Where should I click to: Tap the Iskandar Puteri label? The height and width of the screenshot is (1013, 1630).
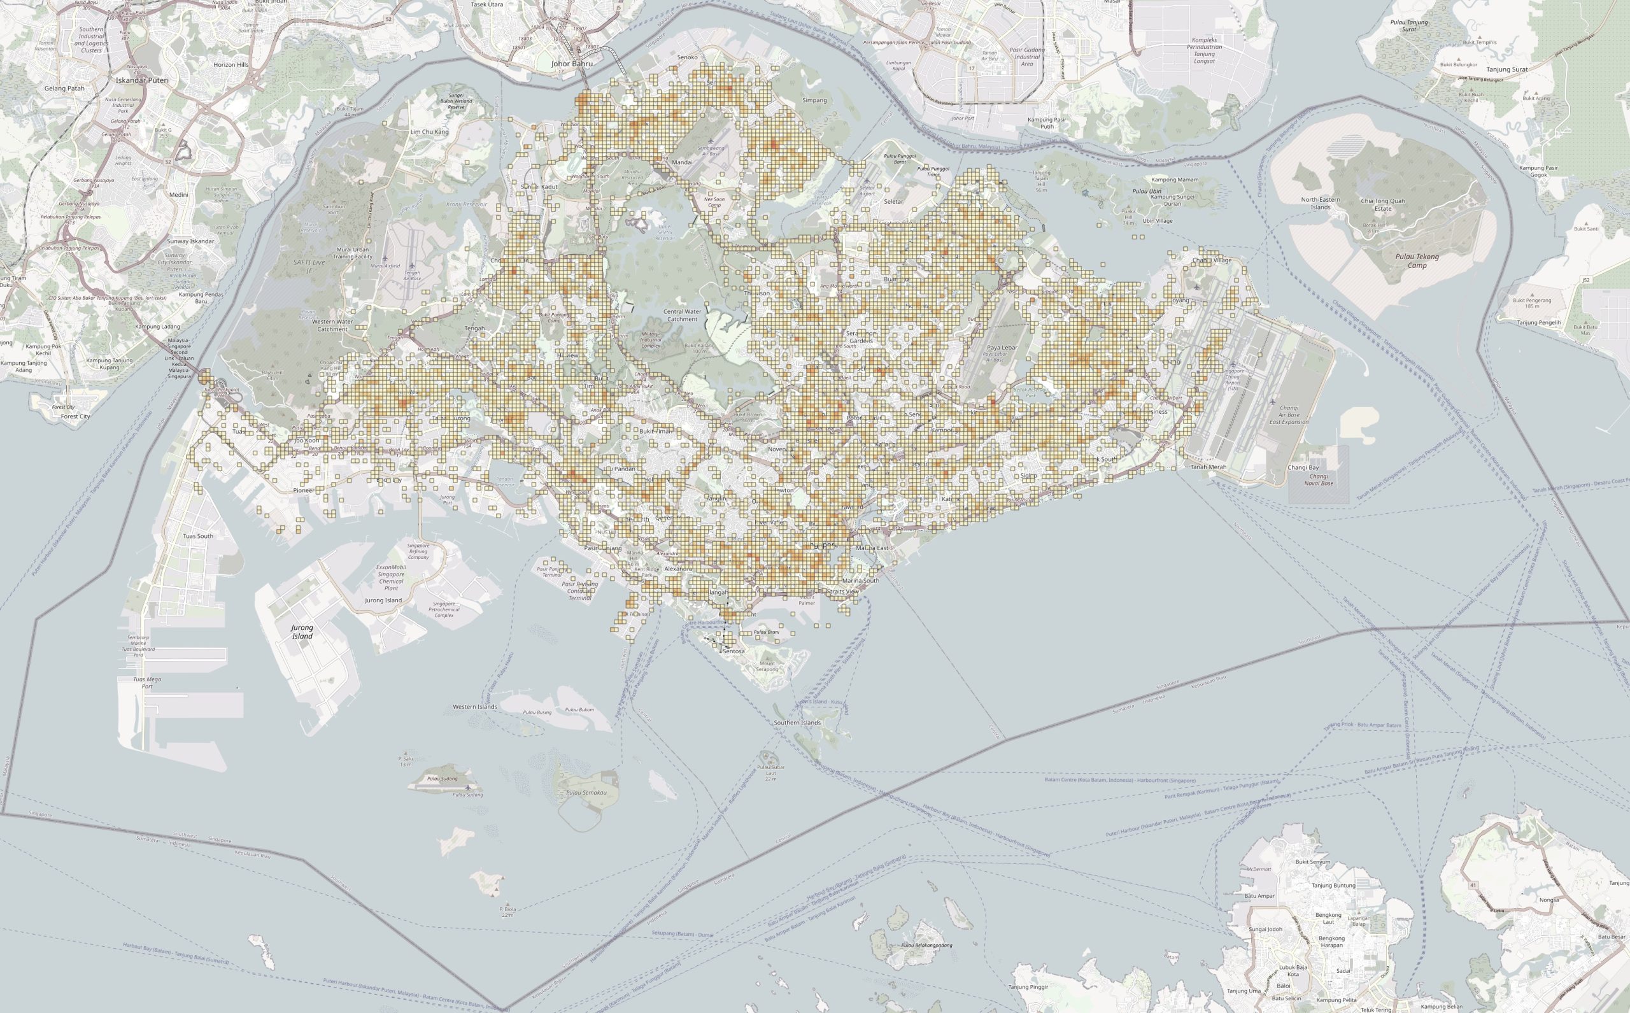(142, 80)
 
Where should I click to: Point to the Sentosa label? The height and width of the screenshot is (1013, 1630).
(733, 651)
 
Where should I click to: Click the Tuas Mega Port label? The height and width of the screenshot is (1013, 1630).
(147, 683)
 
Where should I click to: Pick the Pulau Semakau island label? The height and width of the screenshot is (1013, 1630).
(586, 793)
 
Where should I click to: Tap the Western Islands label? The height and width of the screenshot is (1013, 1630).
(475, 707)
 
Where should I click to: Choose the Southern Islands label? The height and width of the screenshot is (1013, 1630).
(797, 723)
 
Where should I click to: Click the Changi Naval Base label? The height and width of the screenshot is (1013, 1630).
(1319, 479)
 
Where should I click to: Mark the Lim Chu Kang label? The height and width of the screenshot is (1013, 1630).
(429, 132)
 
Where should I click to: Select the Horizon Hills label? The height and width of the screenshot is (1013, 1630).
(231, 65)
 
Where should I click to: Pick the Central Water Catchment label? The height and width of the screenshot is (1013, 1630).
(683, 315)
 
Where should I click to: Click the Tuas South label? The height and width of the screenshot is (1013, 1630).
(198, 536)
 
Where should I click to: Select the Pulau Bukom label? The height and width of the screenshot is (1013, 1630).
(579, 709)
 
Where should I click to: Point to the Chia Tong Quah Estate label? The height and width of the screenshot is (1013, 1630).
(1383, 204)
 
